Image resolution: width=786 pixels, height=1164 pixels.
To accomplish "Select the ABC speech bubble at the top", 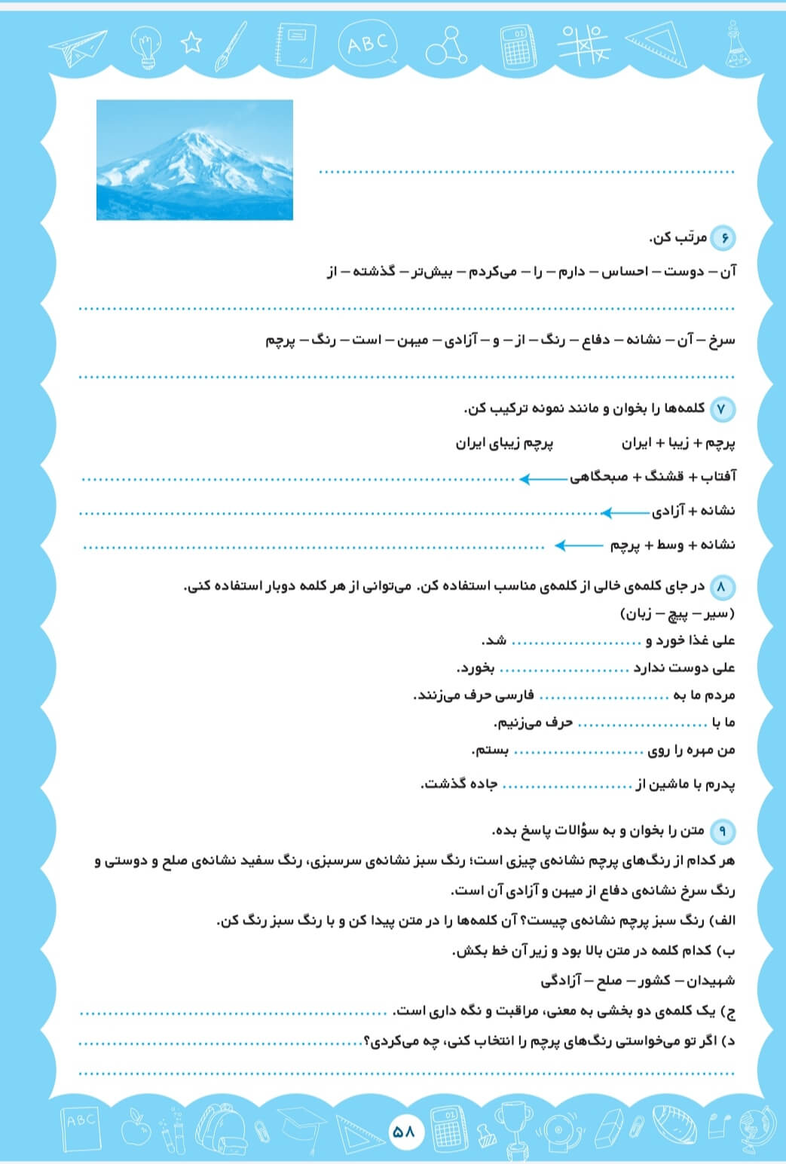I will (369, 44).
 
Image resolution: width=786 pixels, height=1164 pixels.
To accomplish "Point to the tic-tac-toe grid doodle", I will (585, 43).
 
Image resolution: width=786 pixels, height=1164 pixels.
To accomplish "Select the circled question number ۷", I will (723, 409).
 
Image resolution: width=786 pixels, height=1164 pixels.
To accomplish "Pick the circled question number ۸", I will (723, 587).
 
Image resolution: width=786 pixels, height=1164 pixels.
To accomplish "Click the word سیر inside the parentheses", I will (714, 614).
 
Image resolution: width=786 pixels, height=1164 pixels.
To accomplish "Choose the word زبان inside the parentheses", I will (640, 614).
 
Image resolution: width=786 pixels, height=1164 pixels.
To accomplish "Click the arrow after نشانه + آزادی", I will (625, 512).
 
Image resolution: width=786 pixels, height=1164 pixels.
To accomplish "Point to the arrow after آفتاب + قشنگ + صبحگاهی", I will (543, 478).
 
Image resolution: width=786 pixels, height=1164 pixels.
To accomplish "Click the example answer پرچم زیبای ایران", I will (504, 443).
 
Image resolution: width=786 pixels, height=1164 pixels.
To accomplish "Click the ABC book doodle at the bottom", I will (81, 1128).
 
